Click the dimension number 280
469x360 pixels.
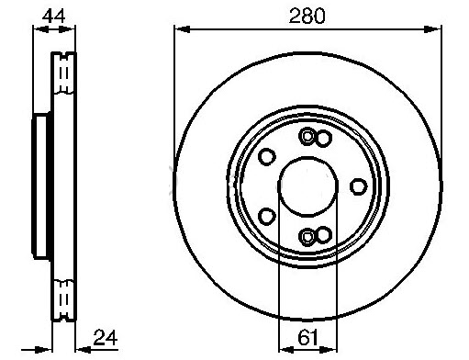(307, 16)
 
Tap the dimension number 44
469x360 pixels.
(53, 17)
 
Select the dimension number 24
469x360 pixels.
(106, 338)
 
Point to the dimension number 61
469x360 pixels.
(307, 338)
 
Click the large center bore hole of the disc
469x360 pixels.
(308, 186)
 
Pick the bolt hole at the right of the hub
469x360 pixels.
(358, 186)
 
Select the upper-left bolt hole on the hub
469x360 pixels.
(267, 157)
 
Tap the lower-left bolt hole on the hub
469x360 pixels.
(267, 216)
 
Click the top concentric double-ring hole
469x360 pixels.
(307, 137)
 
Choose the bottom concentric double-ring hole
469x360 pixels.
(307, 236)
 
